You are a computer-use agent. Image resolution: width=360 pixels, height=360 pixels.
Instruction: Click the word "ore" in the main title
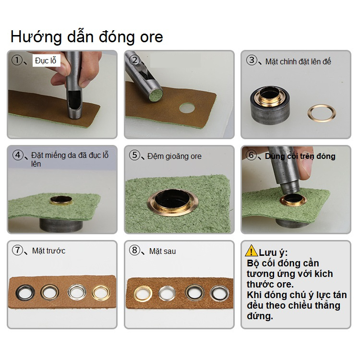pos(151,37)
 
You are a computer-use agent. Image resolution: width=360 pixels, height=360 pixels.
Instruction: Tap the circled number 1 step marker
pos(17,60)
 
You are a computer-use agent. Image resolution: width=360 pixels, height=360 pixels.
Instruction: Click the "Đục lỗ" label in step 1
pos(46,60)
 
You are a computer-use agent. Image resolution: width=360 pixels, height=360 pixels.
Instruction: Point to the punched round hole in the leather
pos(187,108)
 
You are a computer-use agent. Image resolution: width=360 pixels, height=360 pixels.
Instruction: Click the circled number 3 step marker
pos(252,60)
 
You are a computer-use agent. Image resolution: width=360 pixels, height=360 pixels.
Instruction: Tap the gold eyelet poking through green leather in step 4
pos(61,201)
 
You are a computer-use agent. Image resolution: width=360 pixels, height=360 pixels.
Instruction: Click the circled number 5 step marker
pos(134,155)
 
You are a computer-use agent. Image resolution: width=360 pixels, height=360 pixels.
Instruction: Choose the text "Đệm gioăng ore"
pos(174,156)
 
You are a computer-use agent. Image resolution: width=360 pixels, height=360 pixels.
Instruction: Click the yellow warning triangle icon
pos(252,251)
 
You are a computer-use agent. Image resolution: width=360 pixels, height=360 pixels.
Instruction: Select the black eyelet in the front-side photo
pos(25,292)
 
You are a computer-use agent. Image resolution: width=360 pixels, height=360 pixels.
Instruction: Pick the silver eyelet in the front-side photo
pos(77,292)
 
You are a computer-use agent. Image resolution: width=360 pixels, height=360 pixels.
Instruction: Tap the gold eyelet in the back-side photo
pos(143,294)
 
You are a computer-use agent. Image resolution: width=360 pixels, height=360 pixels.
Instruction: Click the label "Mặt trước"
pos(48,251)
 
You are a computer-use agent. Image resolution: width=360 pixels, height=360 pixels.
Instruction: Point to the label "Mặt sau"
pos(163,251)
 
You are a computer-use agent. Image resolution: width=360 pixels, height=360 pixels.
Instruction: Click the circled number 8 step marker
pos(134,250)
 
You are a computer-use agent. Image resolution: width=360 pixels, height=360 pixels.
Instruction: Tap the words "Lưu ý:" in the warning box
pos(273,252)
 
